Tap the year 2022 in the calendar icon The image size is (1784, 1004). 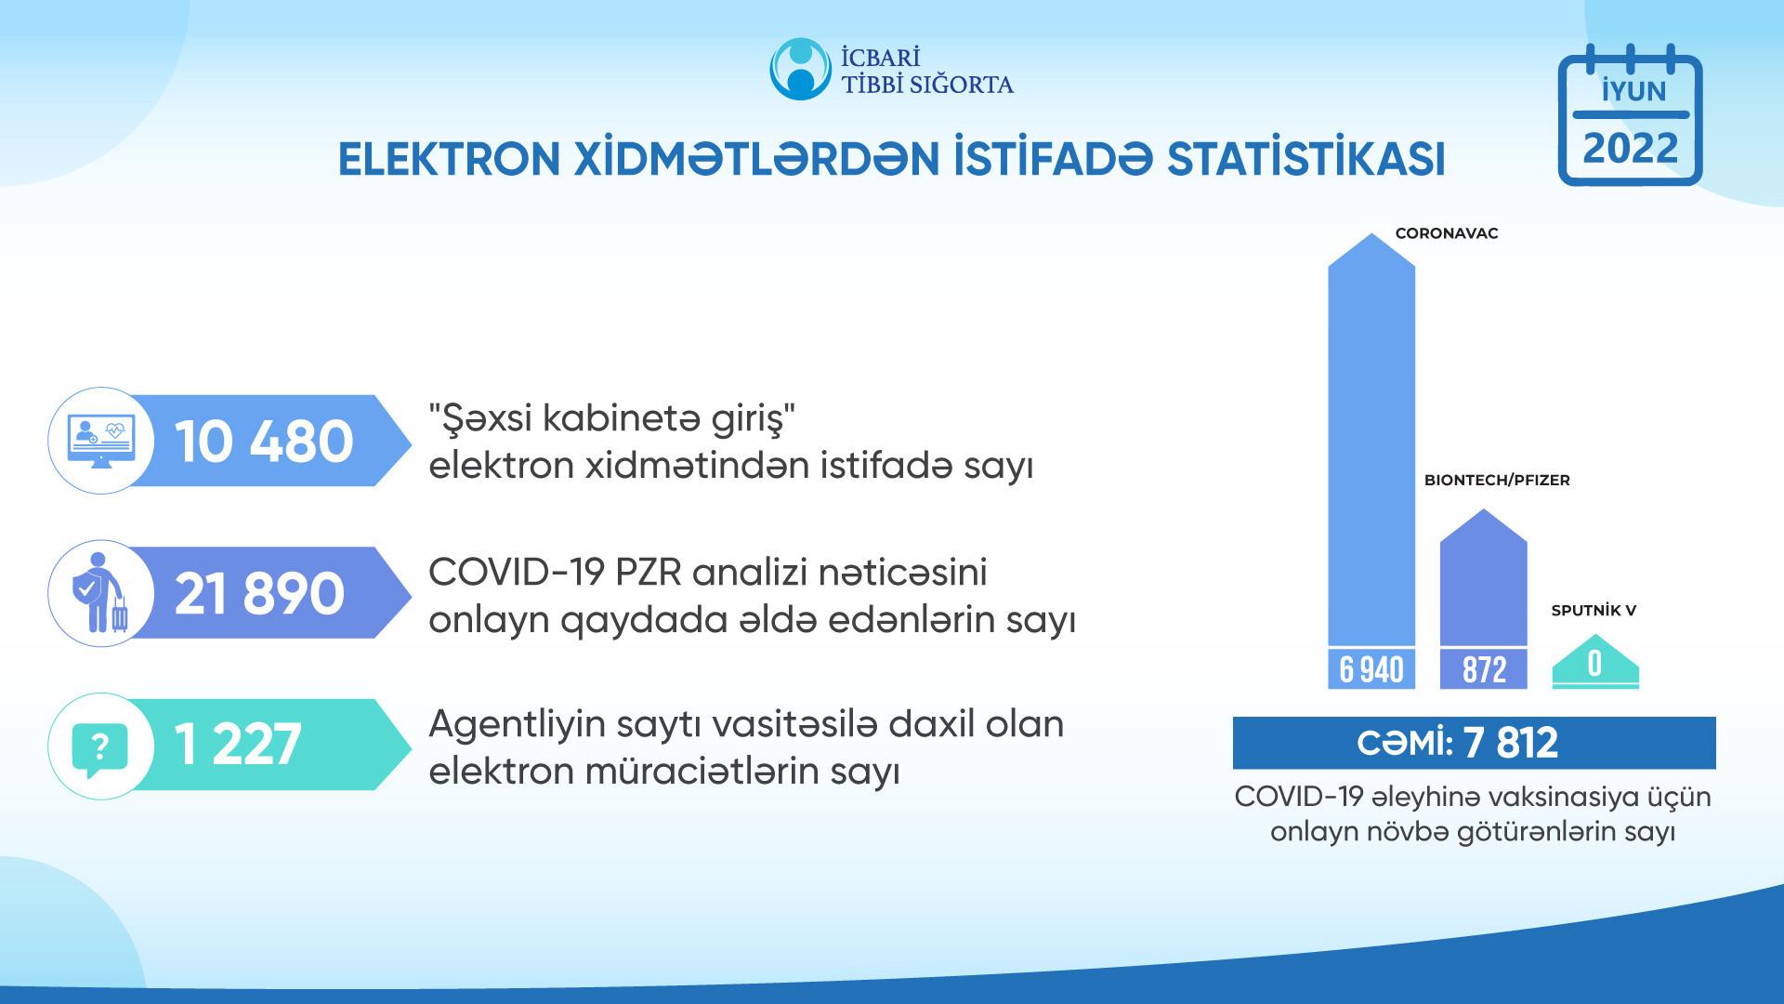click(1631, 149)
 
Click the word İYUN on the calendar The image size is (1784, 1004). click(1631, 91)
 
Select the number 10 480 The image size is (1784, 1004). click(264, 441)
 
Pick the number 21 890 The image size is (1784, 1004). click(259, 593)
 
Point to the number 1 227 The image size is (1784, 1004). click(238, 745)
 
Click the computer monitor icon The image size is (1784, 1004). click(100, 441)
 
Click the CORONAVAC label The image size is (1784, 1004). click(1447, 234)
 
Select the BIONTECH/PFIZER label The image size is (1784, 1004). click(1497, 481)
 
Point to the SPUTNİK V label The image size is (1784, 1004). click(1594, 611)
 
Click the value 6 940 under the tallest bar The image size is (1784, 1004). click(1371, 669)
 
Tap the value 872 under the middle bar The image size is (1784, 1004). click(1484, 669)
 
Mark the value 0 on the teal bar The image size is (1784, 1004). click(1595, 664)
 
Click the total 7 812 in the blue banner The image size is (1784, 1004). click(1510, 743)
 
